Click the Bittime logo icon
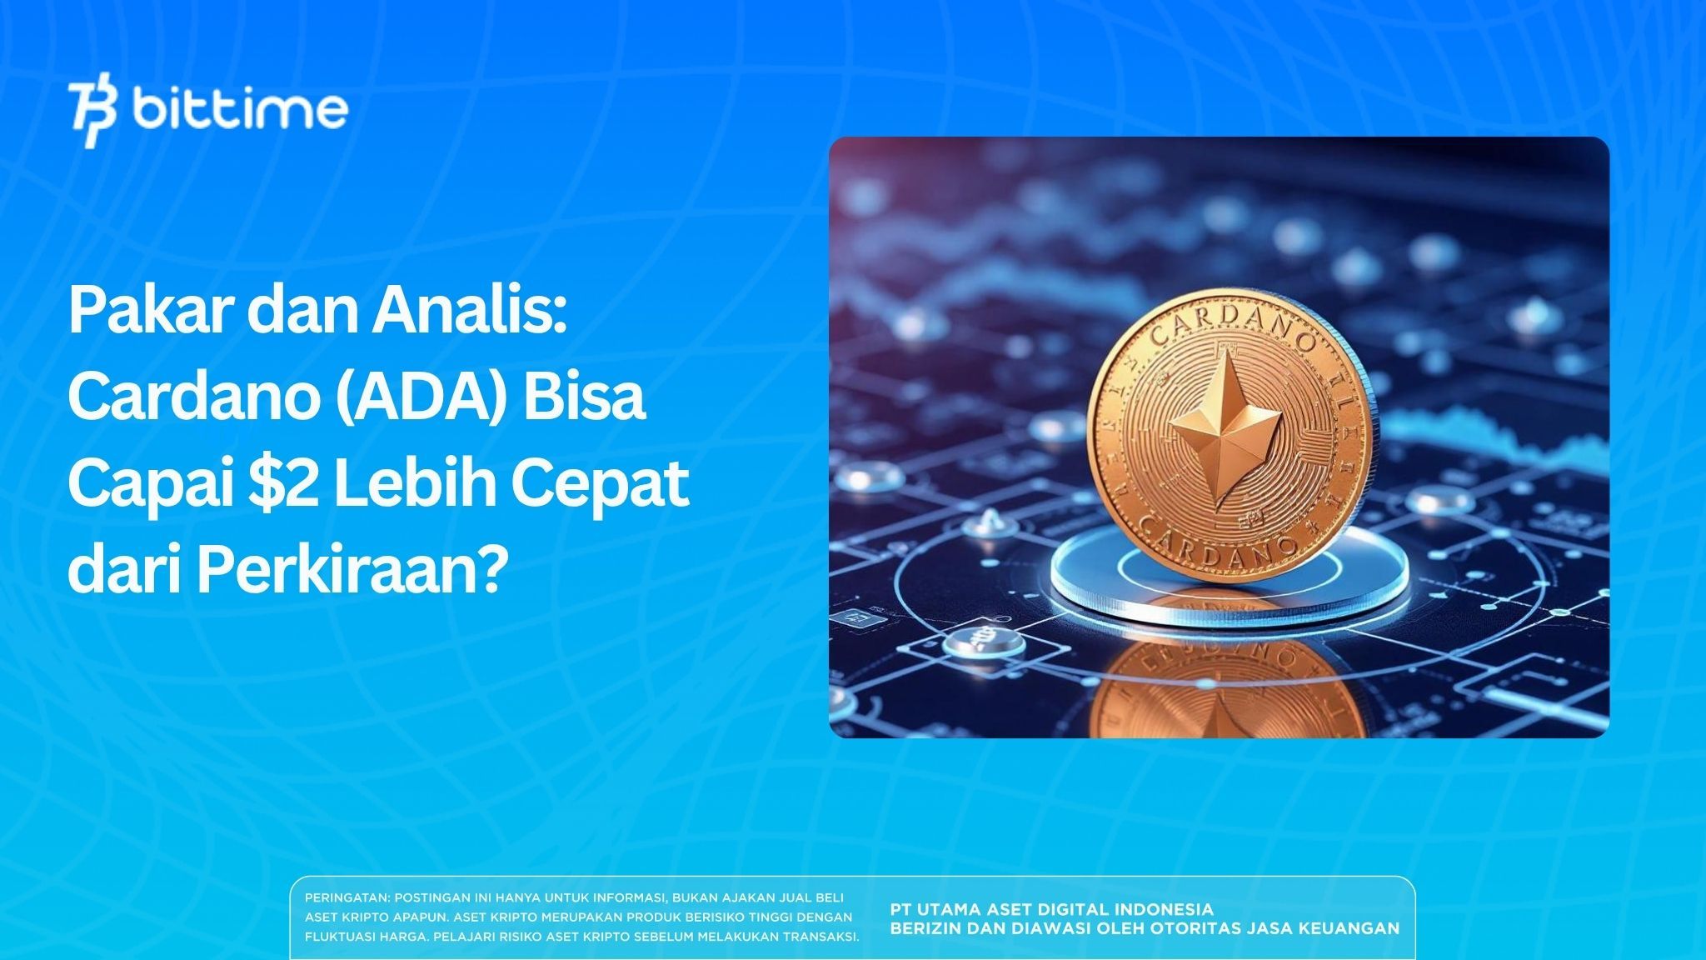coord(92,114)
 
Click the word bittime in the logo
coord(240,110)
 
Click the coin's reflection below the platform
coord(1225,683)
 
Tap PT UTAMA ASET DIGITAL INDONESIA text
coord(1051,909)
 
